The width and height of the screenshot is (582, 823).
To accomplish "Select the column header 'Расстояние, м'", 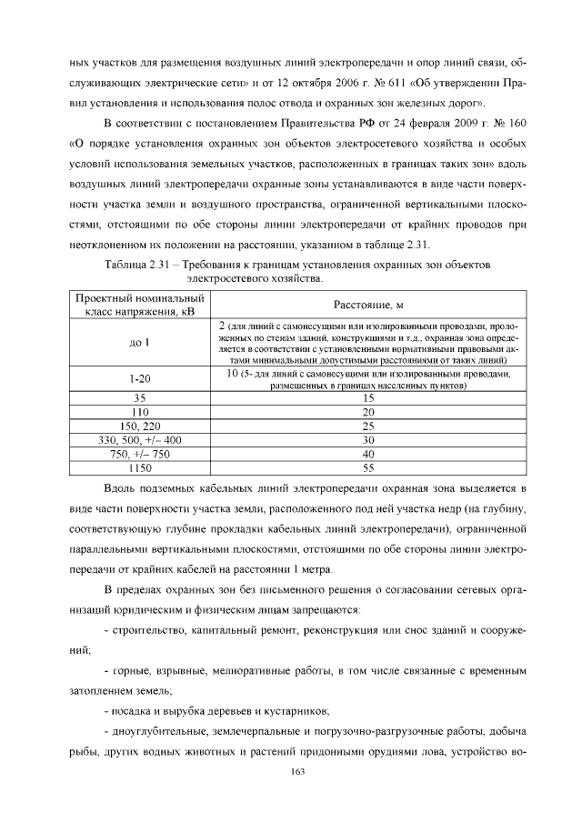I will coord(368,306).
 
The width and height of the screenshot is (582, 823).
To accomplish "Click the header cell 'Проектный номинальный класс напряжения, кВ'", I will coord(139,306).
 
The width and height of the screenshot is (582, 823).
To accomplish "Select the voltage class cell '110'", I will coord(139,412).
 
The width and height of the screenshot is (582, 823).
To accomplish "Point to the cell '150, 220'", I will coord(139,426).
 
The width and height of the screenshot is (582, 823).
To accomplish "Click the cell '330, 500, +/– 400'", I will coord(139,440).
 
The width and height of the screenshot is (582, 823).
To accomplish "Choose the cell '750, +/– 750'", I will coord(139,454).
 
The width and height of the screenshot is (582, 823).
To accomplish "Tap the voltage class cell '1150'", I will coord(139,468).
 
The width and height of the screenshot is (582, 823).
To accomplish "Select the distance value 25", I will coord(368,426).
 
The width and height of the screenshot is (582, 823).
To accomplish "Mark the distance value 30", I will coord(368,440).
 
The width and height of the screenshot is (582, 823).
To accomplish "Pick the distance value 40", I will coord(368,454).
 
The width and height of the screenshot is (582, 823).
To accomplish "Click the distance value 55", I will coord(368,468).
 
